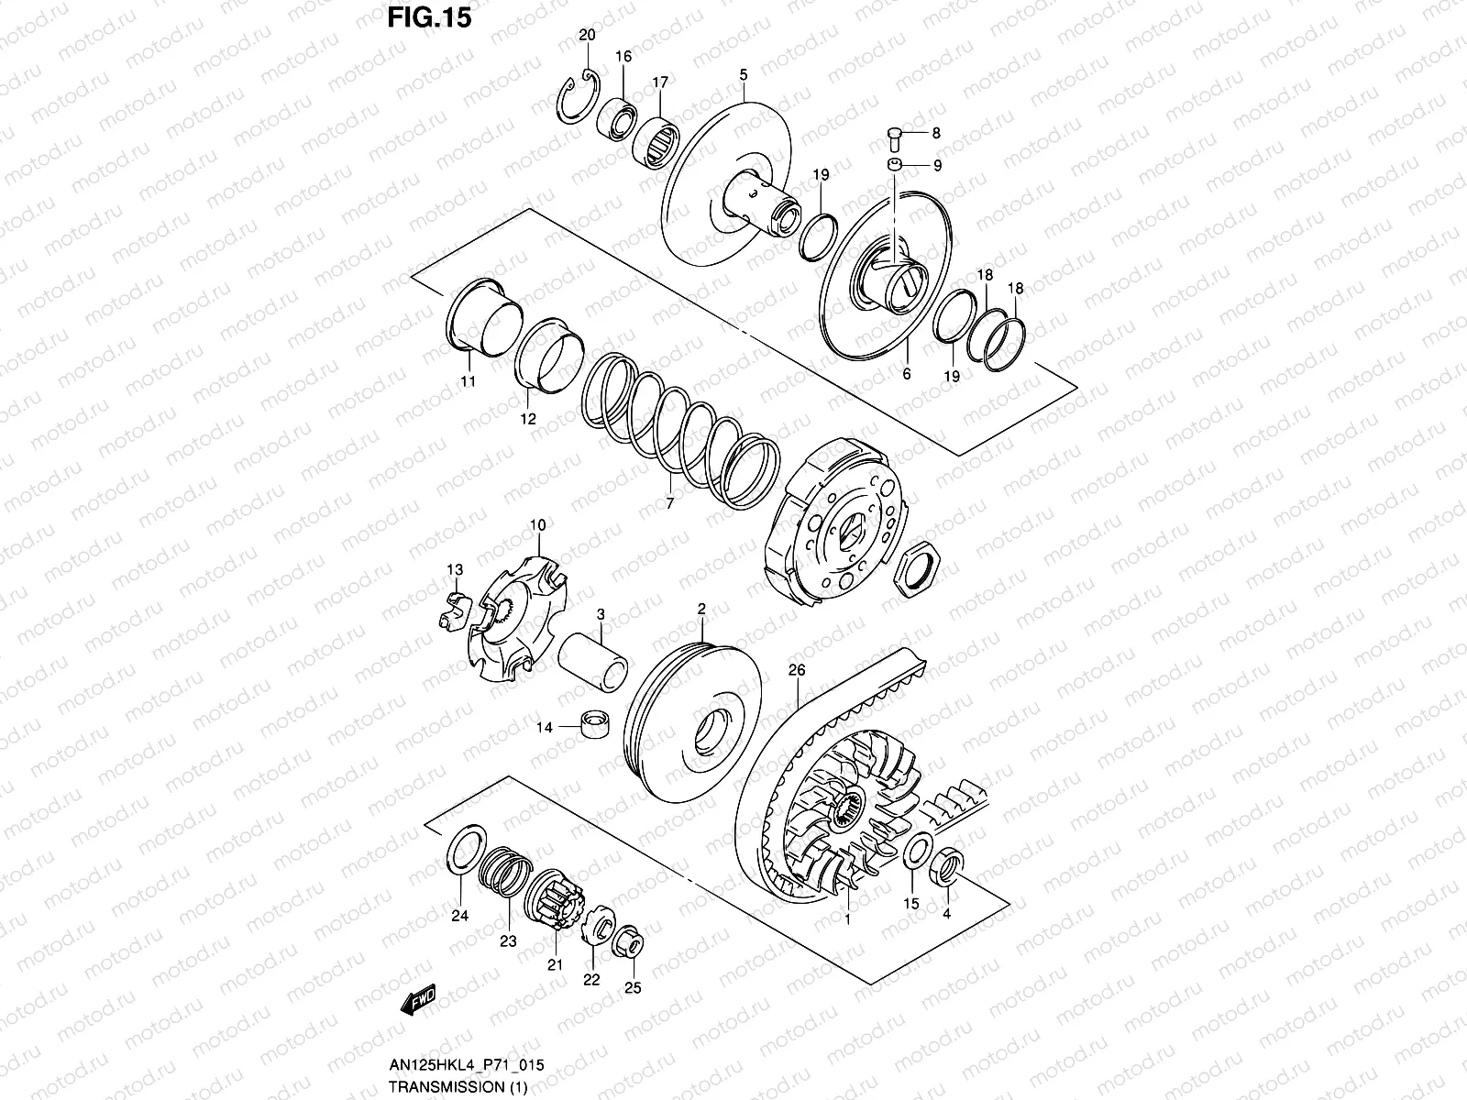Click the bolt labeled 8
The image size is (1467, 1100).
coord(895,139)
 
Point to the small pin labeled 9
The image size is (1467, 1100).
coord(895,165)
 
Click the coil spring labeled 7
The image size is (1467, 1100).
coord(678,431)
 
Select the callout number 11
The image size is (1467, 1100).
coord(468,382)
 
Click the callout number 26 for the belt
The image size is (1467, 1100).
coord(796,671)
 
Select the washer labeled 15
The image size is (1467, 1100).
coord(916,852)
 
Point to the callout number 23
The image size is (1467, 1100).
coord(507,941)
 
